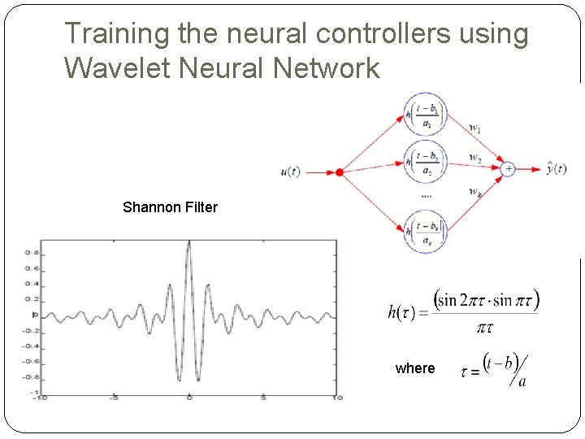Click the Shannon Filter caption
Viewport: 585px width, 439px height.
point(170,207)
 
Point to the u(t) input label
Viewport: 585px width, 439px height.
point(290,172)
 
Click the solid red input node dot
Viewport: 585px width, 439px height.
point(339,172)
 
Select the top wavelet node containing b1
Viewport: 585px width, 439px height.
point(426,115)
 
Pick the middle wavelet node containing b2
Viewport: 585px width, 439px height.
point(426,163)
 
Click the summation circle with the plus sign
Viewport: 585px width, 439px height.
point(507,169)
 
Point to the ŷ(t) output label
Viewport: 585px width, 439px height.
point(558,168)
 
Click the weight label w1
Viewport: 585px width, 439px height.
point(475,128)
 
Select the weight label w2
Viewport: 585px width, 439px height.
point(475,157)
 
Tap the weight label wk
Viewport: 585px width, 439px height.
point(475,192)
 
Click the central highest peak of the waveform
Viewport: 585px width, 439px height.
point(189,243)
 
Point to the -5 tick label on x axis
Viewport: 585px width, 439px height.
point(115,398)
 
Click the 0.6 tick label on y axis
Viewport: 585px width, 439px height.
point(30,268)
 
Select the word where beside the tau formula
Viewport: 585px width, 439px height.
point(415,368)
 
